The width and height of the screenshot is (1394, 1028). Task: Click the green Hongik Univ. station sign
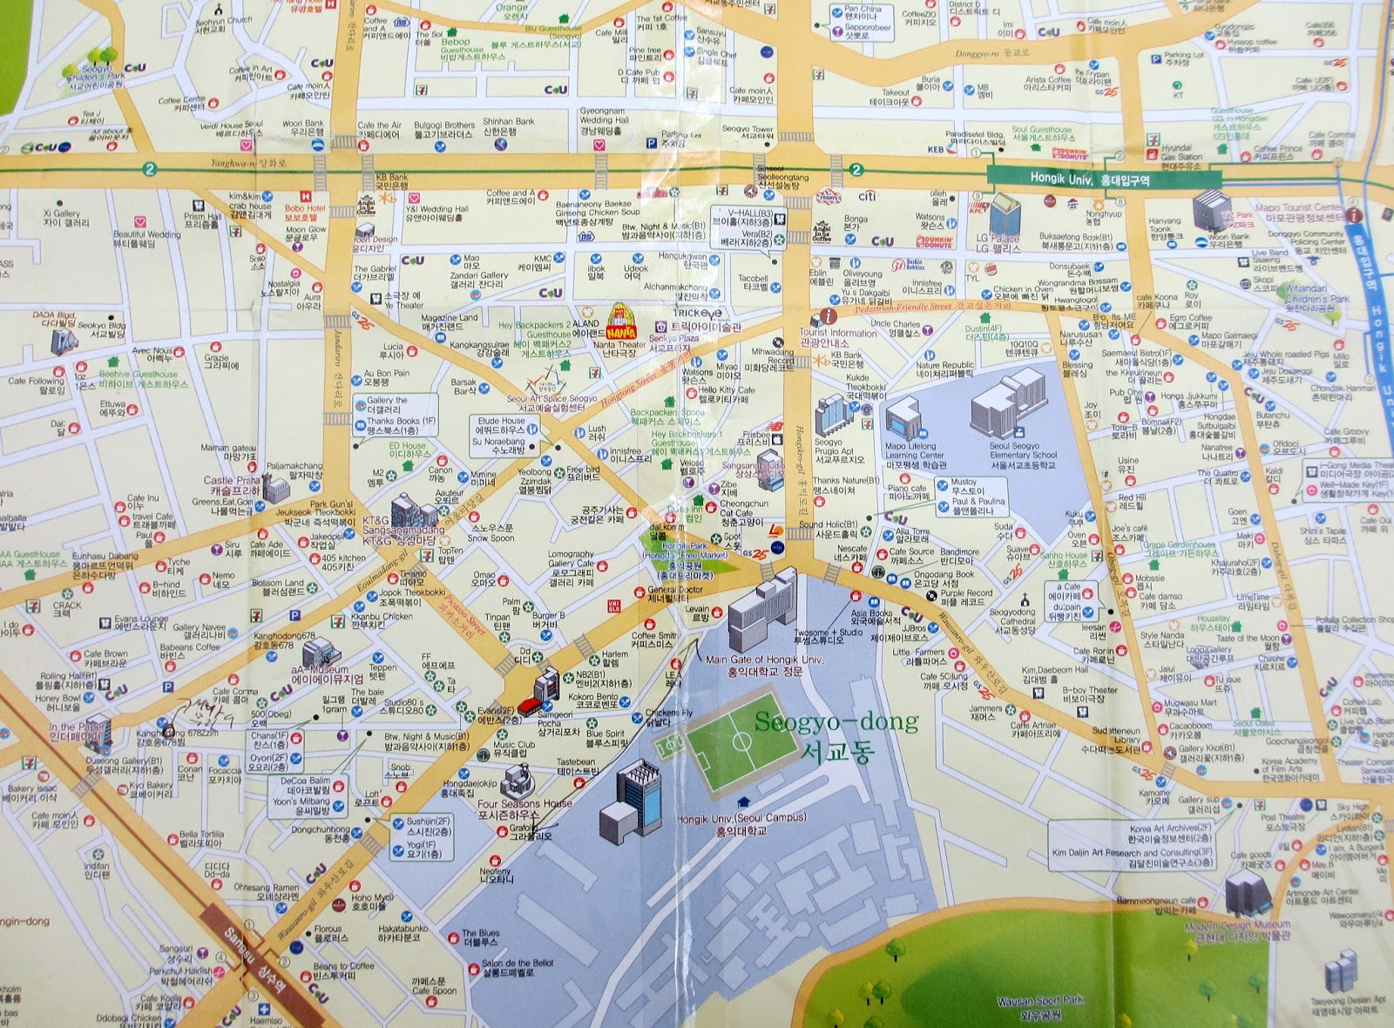pos(1090,179)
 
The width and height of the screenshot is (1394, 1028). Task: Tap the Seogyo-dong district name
pos(836,736)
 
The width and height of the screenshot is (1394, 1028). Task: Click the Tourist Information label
pos(837,337)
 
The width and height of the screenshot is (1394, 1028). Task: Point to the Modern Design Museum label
pos(1237,930)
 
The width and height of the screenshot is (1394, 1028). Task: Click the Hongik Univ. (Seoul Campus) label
pos(741,824)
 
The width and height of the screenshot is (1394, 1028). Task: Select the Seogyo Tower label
pos(748,132)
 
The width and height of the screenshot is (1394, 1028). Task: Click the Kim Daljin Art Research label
pos(1132,857)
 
